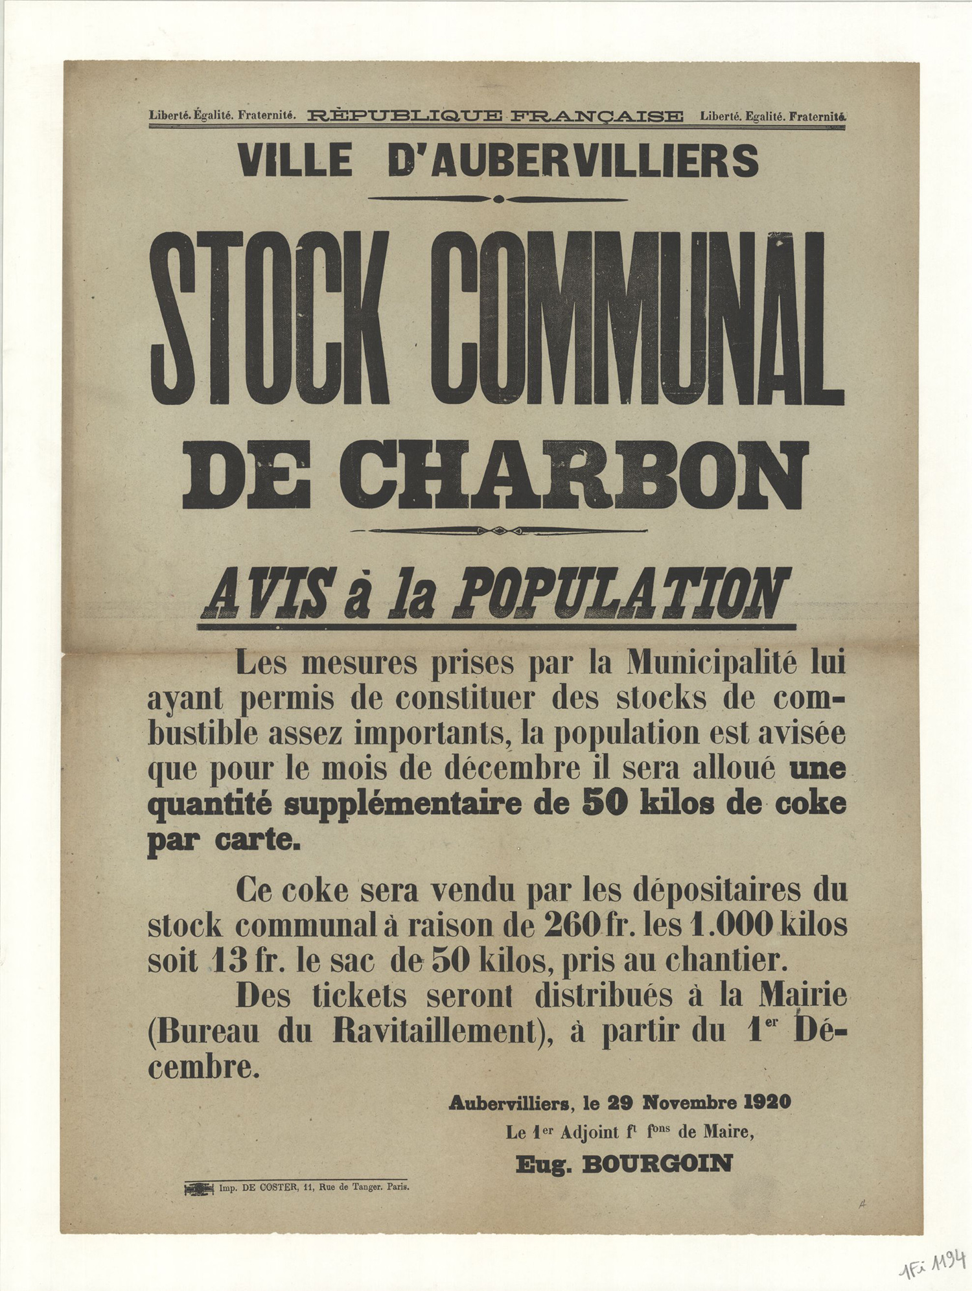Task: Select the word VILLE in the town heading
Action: pos(295,160)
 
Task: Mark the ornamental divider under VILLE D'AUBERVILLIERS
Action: pos(498,199)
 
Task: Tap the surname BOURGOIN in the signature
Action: pos(657,1164)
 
